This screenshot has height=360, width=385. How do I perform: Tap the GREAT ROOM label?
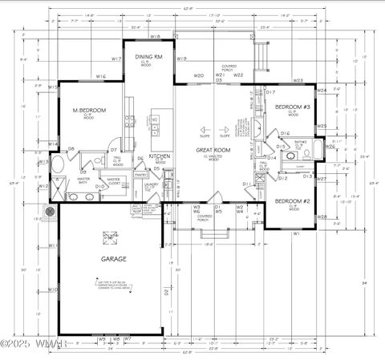(214, 150)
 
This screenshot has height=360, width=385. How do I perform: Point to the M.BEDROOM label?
(90, 110)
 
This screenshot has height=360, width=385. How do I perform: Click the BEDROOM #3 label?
(292, 107)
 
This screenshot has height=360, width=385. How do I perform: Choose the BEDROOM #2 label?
(292, 200)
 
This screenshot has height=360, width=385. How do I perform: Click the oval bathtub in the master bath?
(59, 168)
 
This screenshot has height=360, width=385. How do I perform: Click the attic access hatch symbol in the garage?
(109, 237)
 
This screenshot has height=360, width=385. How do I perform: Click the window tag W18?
(156, 37)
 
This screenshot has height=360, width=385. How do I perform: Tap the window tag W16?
(101, 77)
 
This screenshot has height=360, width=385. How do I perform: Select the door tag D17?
(270, 93)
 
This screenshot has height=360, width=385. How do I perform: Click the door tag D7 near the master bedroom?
(114, 150)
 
